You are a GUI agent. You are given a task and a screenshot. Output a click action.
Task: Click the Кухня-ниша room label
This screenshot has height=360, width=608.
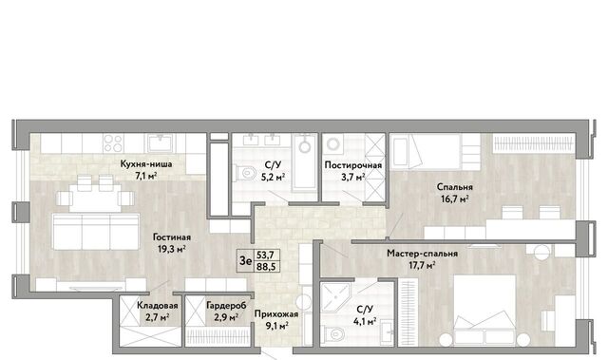point(146,164)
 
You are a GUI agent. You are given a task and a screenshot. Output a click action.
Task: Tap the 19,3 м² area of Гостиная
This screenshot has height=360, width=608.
point(171,249)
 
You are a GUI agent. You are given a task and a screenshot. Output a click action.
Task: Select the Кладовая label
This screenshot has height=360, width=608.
point(158,305)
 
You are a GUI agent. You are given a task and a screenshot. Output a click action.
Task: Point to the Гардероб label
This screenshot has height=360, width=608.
point(226,305)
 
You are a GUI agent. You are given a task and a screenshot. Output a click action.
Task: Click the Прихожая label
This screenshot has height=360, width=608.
point(276,313)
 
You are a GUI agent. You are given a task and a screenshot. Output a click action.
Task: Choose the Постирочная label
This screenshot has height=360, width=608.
point(353,165)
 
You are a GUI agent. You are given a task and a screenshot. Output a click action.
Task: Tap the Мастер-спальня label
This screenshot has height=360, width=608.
point(422,254)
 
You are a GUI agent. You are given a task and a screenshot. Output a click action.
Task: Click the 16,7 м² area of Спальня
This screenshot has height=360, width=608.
point(455,199)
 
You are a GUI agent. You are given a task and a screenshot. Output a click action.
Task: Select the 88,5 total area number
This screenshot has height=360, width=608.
point(266,267)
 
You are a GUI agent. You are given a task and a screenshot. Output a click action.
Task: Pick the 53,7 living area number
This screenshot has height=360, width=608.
point(266,255)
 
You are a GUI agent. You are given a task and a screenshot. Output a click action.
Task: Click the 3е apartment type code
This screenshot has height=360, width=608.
point(245,261)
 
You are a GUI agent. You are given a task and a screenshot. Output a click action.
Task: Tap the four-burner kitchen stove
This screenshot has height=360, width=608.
point(113,142)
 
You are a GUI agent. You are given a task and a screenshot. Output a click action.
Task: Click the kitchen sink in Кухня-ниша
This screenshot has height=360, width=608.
point(161,143)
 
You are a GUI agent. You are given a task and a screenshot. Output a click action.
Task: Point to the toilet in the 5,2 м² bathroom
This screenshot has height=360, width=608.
point(245,173)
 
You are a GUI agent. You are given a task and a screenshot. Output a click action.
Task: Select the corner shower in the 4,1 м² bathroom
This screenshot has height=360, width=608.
point(335,297)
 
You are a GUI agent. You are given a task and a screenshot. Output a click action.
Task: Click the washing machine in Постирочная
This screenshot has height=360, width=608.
point(333,144)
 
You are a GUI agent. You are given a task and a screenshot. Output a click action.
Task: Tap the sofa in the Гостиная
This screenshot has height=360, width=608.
point(96,232)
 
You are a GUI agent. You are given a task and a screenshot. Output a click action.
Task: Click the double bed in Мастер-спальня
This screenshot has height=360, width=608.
point(484,310)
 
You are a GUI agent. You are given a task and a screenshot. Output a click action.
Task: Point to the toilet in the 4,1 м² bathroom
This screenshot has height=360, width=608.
point(333,333)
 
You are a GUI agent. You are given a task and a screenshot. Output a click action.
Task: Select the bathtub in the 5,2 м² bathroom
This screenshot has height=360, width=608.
point(304,162)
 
